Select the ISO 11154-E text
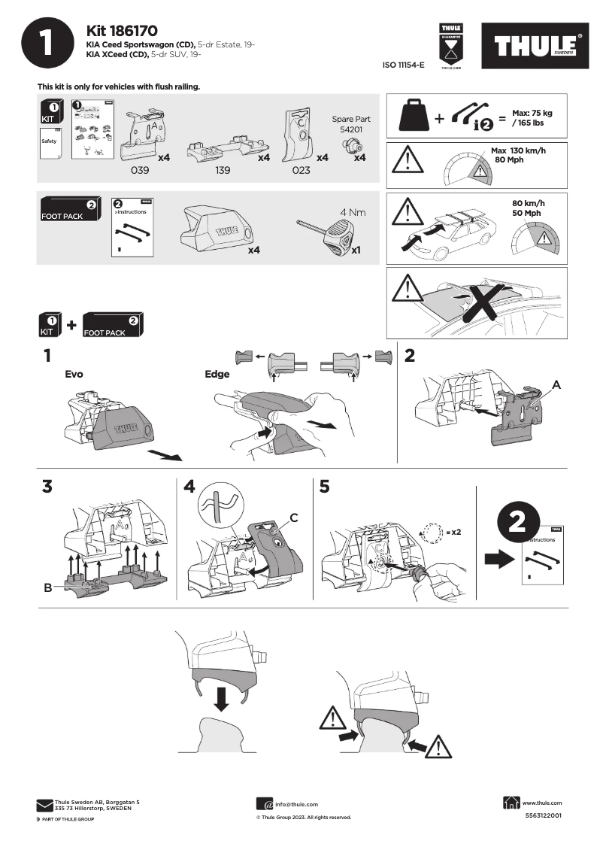pos(404,66)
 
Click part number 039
pos(141,170)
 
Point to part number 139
pos(223,170)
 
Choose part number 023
pos(300,170)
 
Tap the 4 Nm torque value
pos(353,212)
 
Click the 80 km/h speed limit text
pos(527,203)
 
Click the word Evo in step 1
pos(74,373)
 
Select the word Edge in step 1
pos(217,373)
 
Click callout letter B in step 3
pos(48,587)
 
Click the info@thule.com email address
pos(296,804)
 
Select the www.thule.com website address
pos(542,803)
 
